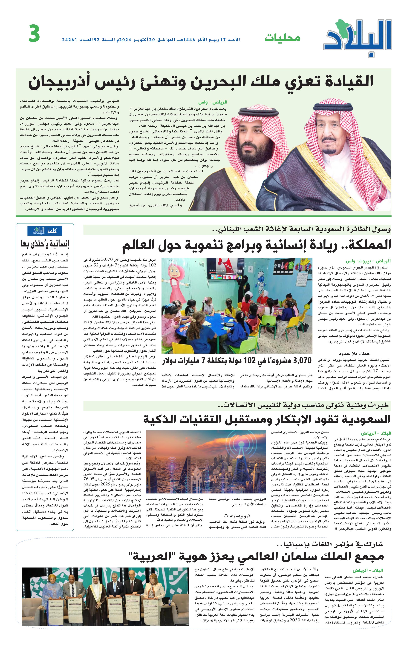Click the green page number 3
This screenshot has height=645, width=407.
pos(34,34)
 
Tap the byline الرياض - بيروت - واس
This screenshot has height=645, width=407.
pos(368,261)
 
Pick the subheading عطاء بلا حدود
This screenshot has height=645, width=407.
pos(354,353)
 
